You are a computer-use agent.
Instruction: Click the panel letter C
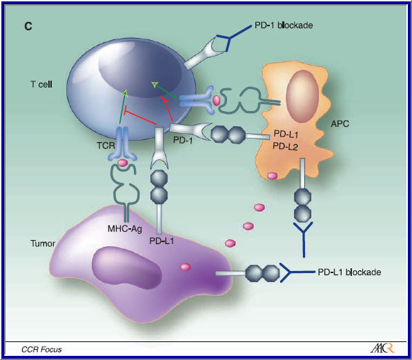(x=28, y=26)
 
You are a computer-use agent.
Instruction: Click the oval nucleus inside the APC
(x=302, y=93)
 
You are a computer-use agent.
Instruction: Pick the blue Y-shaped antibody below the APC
(x=303, y=235)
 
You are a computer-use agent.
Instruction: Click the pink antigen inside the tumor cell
(x=185, y=267)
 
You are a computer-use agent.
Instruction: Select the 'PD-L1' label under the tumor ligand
(x=161, y=241)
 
